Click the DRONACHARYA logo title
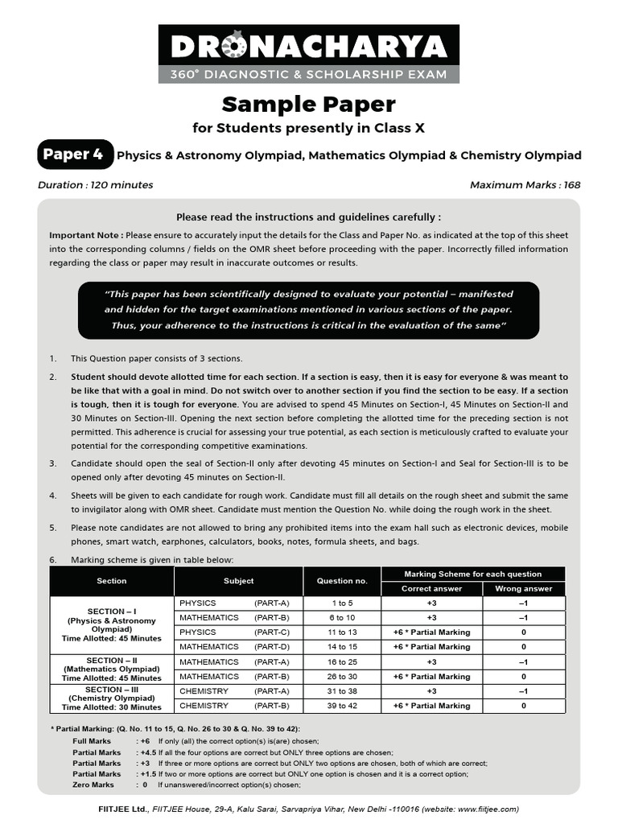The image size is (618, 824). tap(308, 47)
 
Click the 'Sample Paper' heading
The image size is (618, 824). tap(308, 104)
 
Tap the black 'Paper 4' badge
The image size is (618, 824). tap(72, 154)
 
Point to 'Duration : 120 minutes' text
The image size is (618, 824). tap(95, 185)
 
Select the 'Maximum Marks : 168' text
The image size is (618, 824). tap(525, 185)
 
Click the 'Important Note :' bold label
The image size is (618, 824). tap(86, 235)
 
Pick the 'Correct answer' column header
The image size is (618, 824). tap(431, 588)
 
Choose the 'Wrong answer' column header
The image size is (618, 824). tap(523, 588)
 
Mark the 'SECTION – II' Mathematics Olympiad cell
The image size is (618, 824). tap(112, 669)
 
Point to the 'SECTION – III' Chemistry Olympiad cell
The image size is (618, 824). tap(112, 698)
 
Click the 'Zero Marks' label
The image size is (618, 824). tap(93, 785)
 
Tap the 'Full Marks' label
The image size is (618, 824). tap(91, 740)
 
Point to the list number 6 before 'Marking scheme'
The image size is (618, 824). tap(53, 559)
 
